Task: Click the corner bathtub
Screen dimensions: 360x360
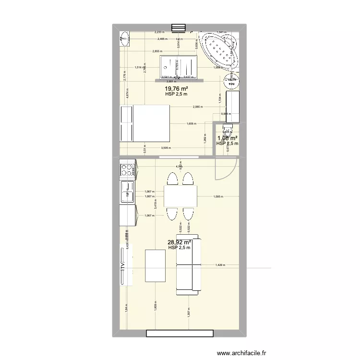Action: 219,50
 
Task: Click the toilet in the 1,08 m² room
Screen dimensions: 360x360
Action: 226,128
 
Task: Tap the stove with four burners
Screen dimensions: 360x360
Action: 127,169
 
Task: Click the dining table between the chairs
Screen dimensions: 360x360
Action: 180,196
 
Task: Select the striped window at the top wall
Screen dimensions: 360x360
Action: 178,28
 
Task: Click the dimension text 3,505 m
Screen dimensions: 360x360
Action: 167,148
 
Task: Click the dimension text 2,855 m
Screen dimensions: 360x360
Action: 157,51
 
